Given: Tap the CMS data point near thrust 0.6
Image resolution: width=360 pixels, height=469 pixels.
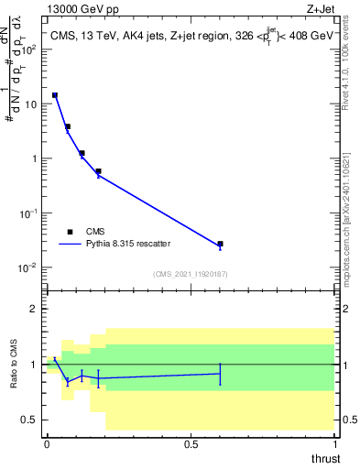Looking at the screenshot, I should pyautogui.click(x=220, y=245).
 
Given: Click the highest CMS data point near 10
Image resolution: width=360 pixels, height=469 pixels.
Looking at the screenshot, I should pyautogui.click(x=55, y=95).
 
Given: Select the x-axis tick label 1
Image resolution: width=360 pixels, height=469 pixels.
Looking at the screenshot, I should pyautogui.click(x=335, y=444).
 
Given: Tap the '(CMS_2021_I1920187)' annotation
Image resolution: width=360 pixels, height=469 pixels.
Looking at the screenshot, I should pyautogui.click(x=191, y=274).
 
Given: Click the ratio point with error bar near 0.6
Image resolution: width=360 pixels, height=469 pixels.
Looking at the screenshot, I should pyautogui.click(x=220, y=373).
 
